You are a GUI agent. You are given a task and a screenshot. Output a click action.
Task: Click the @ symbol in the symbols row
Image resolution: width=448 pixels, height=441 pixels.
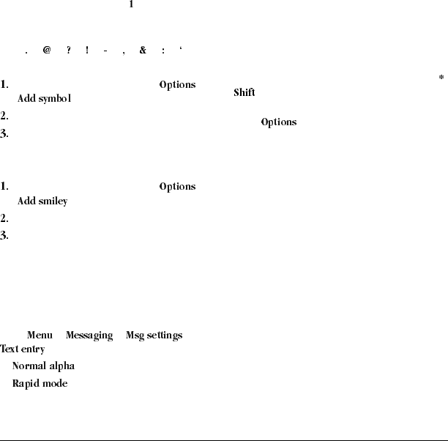tap(47, 51)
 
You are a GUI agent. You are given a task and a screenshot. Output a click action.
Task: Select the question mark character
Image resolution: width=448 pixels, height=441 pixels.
tap(68, 51)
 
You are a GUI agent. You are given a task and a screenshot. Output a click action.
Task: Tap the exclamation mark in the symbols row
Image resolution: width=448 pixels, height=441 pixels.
tap(86, 51)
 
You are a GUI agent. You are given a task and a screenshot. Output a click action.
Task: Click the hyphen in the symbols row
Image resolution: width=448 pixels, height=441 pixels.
tap(106, 51)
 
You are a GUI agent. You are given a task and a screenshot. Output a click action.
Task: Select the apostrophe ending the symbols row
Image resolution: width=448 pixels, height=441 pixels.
tap(181, 50)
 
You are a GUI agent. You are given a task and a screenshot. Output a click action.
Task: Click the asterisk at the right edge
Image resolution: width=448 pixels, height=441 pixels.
tap(441, 77)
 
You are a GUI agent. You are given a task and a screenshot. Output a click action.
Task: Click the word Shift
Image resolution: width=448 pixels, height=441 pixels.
tap(244, 93)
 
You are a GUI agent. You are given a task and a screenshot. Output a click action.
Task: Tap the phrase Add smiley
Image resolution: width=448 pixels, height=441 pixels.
tap(42, 201)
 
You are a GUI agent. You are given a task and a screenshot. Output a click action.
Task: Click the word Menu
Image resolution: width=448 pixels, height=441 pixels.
tap(40, 336)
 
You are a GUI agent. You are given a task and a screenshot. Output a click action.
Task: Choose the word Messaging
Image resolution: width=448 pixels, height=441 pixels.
tap(89, 336)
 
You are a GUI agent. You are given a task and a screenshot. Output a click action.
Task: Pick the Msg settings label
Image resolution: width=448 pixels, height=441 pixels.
tap(154, 336)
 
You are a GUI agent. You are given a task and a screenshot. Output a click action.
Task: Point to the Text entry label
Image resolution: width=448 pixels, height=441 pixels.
tap(23, 349)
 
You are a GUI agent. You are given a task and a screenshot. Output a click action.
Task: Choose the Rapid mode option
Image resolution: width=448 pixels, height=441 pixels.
tap(40, 383)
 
